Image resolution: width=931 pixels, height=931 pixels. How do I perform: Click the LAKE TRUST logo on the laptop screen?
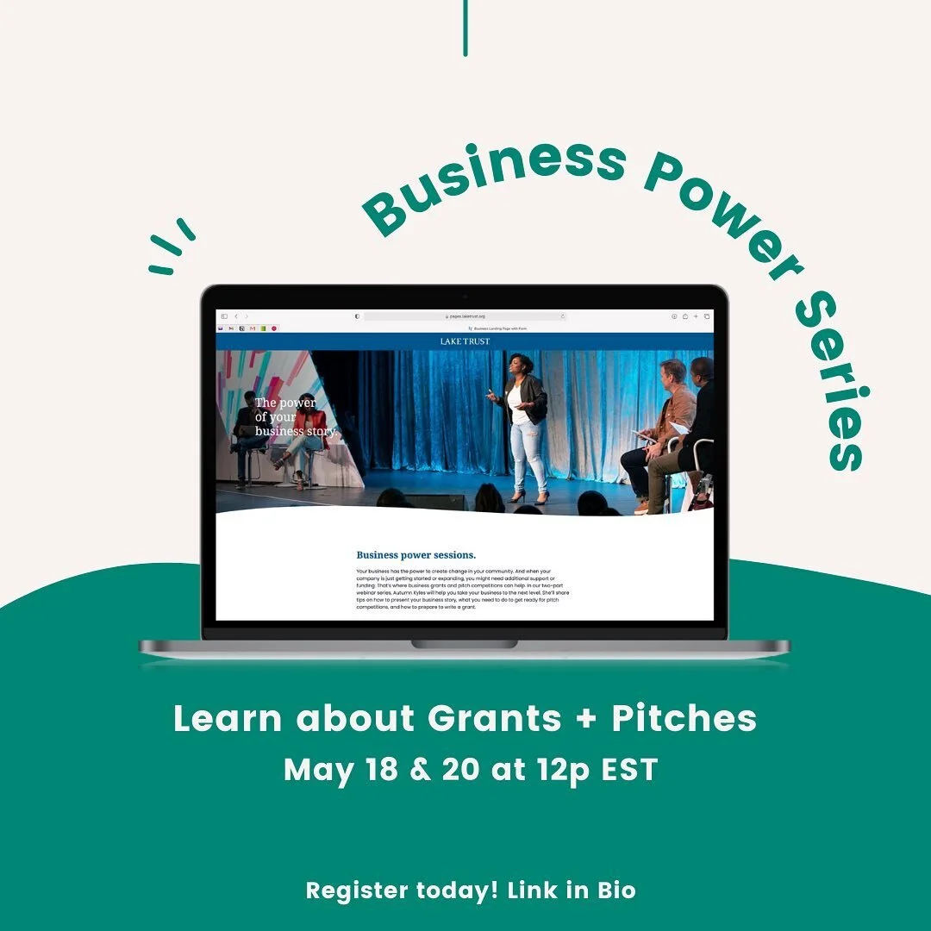(465, 341)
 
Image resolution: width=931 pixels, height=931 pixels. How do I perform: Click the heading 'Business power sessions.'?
(416, 555)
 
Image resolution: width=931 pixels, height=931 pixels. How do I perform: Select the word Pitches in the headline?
(684, 718)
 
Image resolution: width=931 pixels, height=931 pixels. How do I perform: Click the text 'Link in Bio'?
(571, 890)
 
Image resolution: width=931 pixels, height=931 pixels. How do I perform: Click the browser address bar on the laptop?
(465, 316)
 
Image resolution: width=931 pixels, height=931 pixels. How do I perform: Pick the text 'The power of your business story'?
(294, 416)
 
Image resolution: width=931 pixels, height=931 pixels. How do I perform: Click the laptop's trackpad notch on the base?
(465, 643)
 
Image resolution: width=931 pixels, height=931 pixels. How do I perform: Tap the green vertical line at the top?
(465, 28)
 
